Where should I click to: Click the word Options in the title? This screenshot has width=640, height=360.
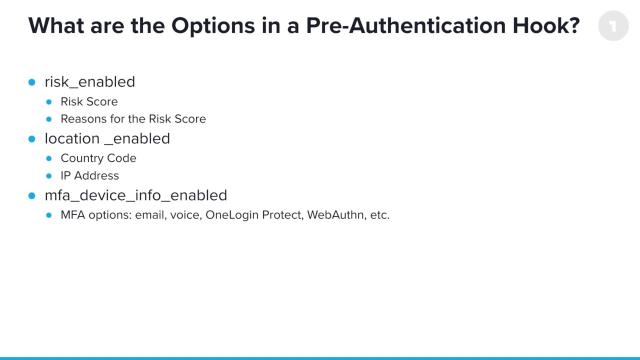[x=216, y=28]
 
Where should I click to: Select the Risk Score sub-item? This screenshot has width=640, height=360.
[x=89, y=101]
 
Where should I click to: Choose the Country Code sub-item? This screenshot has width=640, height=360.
[x=98, y=158]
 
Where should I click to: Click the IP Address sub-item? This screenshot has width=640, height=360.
[x=90, y=176]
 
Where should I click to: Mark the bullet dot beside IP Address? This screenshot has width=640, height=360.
[x=48, y=176]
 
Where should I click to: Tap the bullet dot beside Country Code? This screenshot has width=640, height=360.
[x=48, y=158]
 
